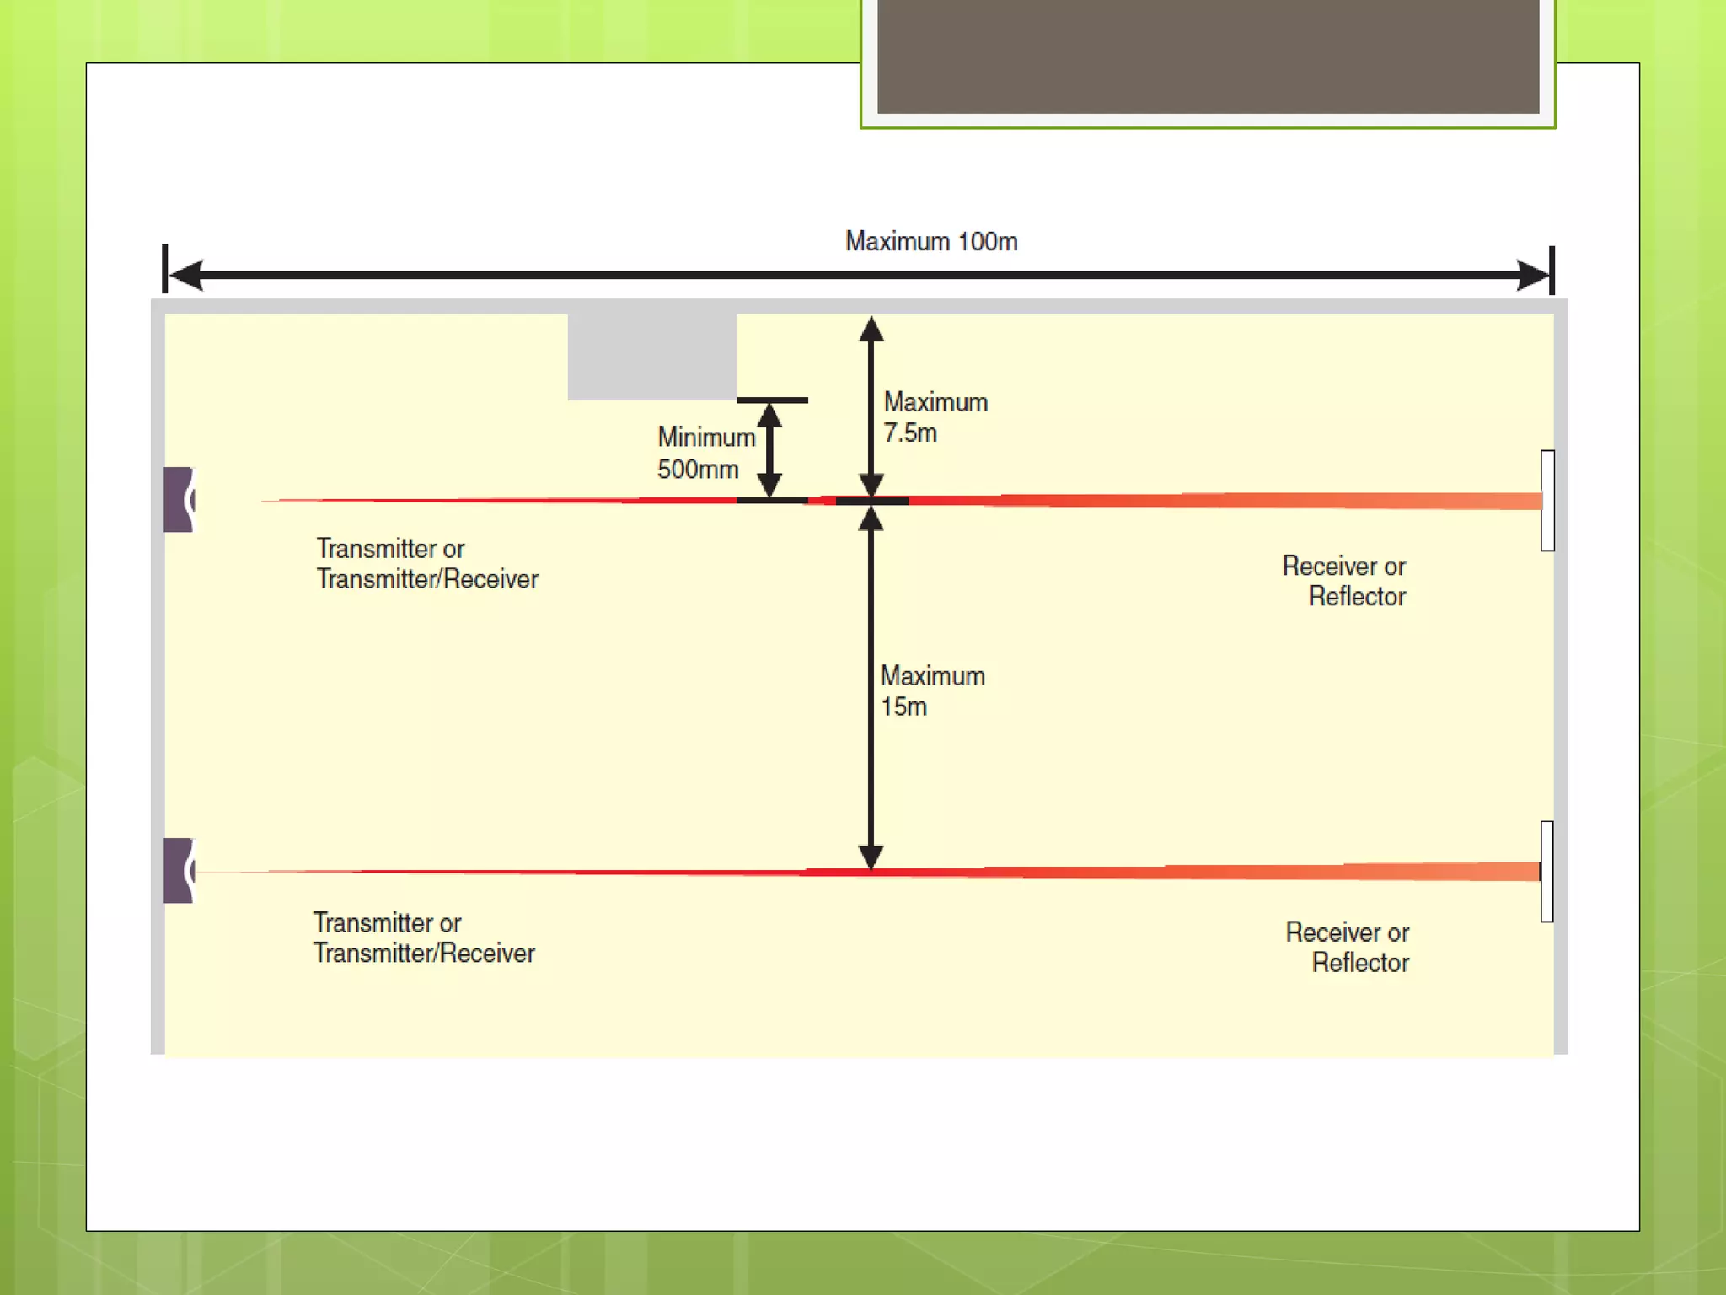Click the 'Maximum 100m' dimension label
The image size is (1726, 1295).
[931, 242]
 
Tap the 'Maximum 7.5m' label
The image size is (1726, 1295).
[935, 417]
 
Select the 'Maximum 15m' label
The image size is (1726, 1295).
[932, 691]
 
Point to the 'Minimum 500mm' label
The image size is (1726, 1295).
[705, 453]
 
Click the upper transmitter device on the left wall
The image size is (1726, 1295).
[179, 500]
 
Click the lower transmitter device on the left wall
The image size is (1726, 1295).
[179, 871]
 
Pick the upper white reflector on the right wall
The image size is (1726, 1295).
[1547, 501]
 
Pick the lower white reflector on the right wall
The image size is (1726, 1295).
[1547, 872]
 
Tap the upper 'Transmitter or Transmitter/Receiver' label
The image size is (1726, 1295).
[426, 564]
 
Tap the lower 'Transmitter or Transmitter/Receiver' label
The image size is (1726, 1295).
[424, 938]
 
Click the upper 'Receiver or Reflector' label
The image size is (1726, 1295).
[1346, 581]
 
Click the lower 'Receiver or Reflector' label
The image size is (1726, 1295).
[1348, 948]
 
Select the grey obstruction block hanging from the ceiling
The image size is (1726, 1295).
[651, 357]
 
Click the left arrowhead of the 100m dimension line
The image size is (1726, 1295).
[186, 275]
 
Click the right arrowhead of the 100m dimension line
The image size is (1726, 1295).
[1532, 275]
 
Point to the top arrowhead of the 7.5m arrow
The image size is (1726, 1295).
[871, 330]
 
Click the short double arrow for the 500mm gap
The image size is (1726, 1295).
[769, 450]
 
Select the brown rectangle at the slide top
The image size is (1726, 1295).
[1208, 56]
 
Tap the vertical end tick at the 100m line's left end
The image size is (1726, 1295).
[165, 269]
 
